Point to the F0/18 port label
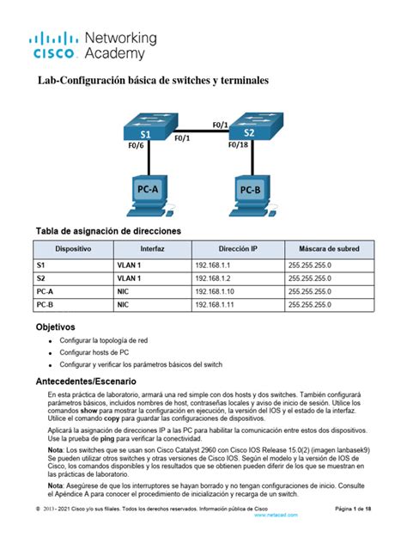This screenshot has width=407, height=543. [x=240, y=145]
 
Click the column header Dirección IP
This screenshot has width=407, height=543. [x=238, y=247]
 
